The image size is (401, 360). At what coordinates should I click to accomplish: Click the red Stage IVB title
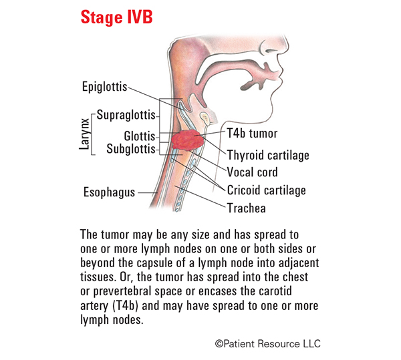click(116, 17)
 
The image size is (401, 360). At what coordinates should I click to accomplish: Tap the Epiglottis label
click(105, 87)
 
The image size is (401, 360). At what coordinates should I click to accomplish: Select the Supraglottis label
click(126, 116)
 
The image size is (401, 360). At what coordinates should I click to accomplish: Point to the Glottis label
click(140, 136)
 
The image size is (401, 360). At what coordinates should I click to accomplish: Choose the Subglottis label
click(131, 149)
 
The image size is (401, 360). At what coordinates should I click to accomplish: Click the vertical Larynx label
click(85, 134)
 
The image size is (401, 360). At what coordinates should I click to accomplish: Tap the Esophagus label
click(109, 192)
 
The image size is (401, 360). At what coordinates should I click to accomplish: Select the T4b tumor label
click(252, 134)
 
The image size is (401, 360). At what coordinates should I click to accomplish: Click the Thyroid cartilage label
click(268, 155)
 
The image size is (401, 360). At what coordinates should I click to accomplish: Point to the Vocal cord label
click(252, 172)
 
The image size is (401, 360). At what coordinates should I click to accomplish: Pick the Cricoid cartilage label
click(266, 190)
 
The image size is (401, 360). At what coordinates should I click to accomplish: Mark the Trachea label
click(246, 208)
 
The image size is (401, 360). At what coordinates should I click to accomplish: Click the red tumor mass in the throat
click(188, 140)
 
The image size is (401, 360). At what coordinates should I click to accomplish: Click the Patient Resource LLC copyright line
click(267, 344)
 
